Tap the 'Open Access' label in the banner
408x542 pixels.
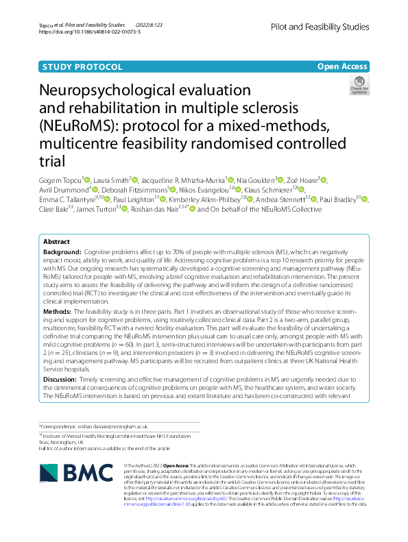(x=342, y=66)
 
